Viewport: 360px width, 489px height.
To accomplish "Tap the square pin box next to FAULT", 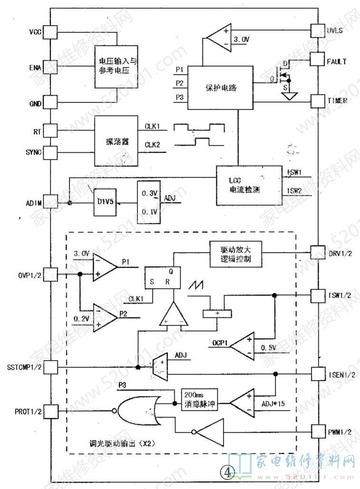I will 317,59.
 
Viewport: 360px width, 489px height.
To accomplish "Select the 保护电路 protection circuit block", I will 221,88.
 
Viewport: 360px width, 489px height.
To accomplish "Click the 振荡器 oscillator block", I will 117,142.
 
